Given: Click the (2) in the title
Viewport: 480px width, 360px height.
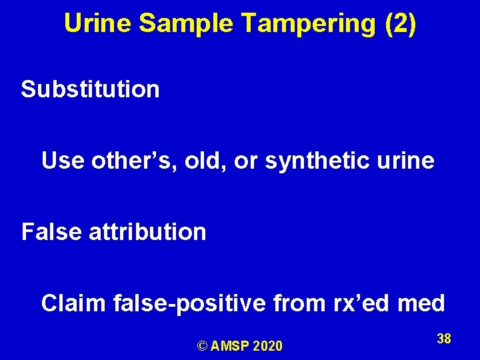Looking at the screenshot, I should (x=400, y=24).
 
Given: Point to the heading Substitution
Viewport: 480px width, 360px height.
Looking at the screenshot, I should (x=90, y=89).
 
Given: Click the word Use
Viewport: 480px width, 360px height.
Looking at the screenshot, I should (x=61, y=161).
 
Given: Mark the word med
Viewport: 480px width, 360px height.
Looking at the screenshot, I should (x=421, y=304).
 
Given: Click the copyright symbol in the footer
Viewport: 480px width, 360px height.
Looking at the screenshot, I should (x=203, y=346).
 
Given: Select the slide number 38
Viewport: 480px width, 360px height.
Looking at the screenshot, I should (x=444, y=339).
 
